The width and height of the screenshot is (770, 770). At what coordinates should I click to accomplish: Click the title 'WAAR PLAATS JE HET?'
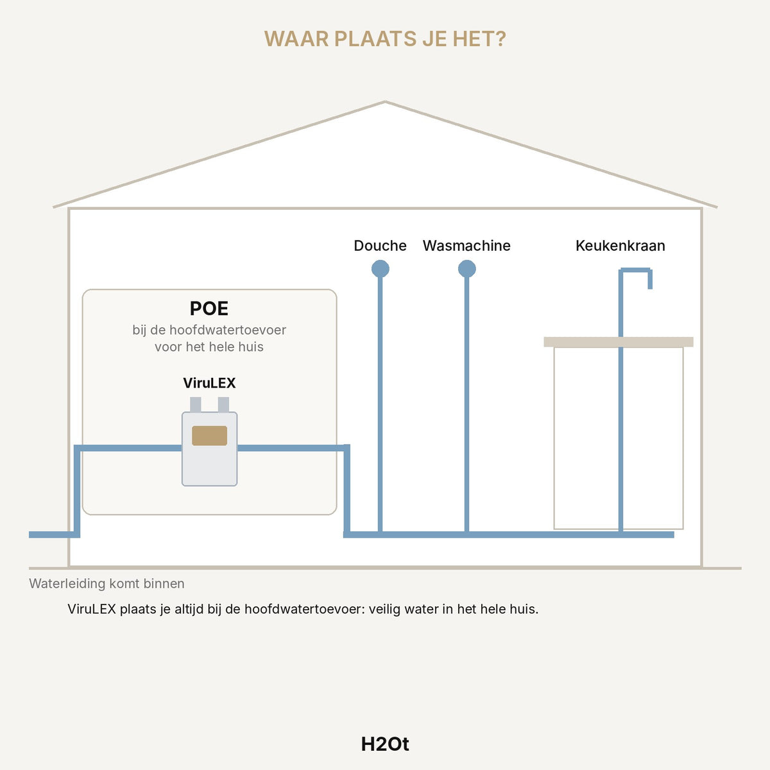385,38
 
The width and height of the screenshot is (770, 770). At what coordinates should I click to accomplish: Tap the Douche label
380,245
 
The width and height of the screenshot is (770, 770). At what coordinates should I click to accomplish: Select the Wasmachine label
466,245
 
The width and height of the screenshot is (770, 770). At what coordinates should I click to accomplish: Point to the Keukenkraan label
620,245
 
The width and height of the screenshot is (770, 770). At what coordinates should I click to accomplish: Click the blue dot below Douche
380,268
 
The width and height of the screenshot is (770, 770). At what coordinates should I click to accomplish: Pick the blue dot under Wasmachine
466,268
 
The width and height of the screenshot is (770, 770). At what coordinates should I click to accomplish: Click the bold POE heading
209,309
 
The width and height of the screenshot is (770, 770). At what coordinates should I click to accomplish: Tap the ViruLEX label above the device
209,383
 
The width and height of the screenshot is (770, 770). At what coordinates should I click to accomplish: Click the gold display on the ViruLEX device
209,436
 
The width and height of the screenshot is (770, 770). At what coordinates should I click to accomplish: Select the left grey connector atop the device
196,404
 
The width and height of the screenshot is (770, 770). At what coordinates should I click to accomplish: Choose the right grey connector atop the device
223,404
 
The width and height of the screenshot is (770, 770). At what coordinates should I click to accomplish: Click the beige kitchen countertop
618,342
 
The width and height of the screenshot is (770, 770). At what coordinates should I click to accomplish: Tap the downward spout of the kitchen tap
650,279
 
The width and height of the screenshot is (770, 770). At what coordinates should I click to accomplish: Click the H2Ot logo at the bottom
385,744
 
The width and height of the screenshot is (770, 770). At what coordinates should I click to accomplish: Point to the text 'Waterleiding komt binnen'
107,583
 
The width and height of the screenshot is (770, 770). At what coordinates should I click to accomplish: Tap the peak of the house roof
385,102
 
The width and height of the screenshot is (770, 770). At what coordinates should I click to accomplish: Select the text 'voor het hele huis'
209,346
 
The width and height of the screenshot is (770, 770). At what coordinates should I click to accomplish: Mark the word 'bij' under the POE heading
139,330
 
